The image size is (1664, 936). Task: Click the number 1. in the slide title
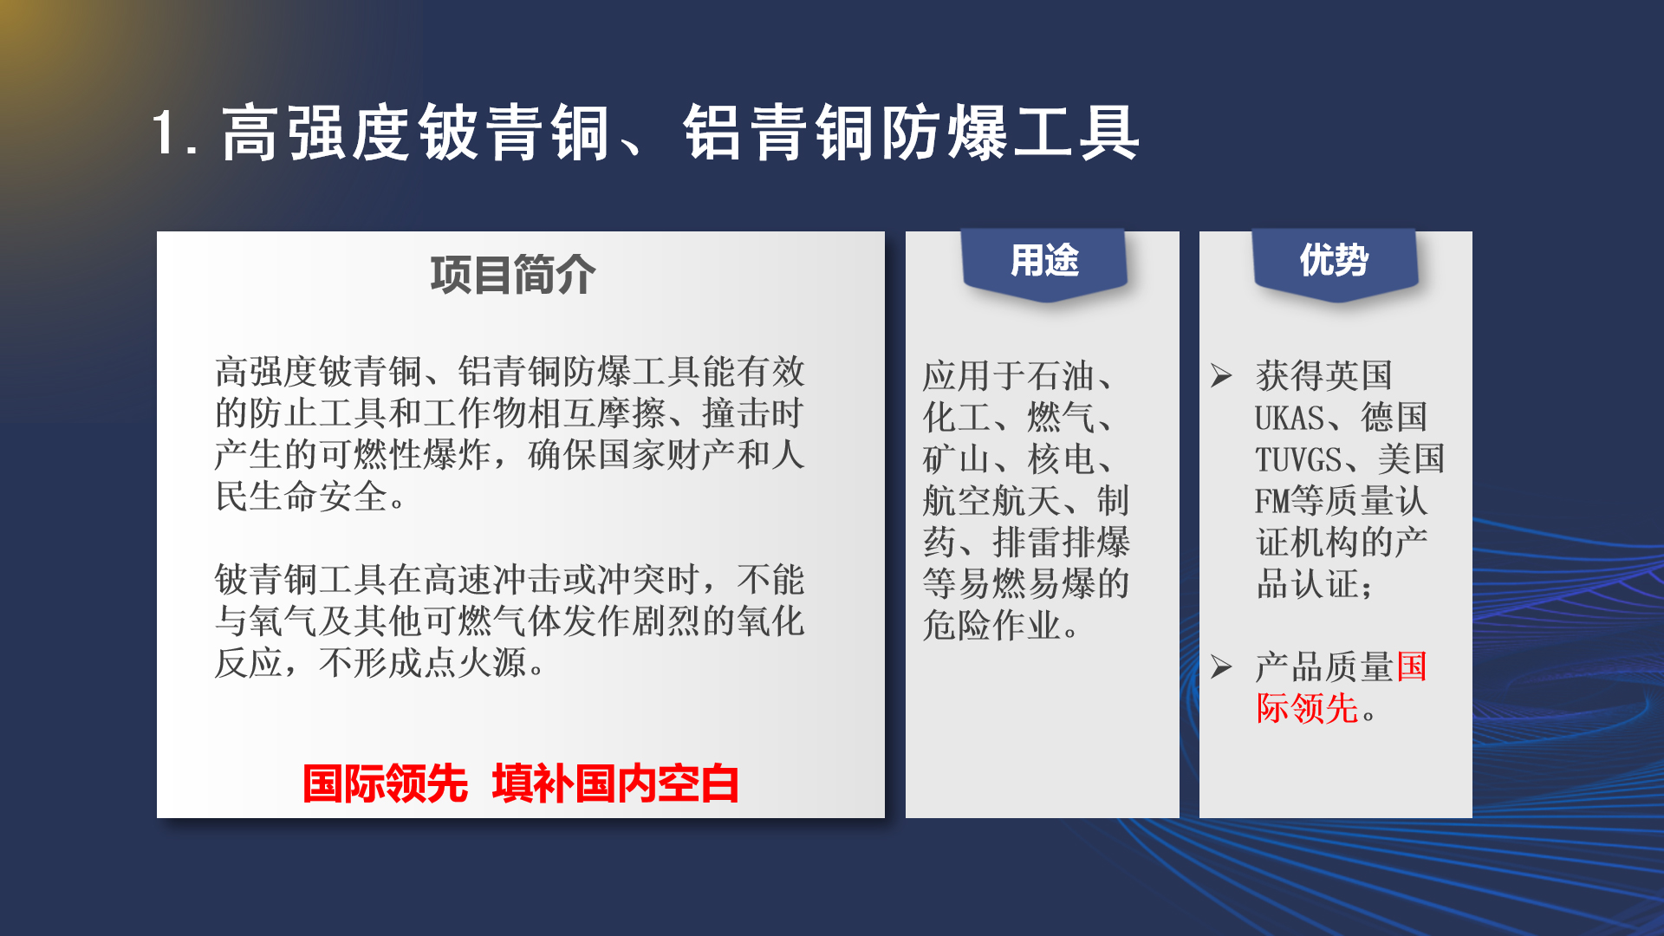pos(177,133)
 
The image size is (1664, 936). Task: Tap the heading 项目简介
pos(513,275)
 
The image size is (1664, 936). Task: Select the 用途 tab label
pos(1044,260)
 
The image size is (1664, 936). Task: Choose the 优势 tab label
pos(1334,260)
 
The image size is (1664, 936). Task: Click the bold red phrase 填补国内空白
pos(615,783)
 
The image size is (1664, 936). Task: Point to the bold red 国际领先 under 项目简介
pos(385,783)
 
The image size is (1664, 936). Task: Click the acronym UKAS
pos(1290,418)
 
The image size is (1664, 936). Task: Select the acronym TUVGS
pos(1298,459)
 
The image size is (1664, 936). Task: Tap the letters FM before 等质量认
pos(1272,501)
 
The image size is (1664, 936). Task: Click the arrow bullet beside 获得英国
pos(1222,375)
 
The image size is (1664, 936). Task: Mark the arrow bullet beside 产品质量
pos(1222,666)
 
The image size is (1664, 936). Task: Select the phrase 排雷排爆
pos(1062,543)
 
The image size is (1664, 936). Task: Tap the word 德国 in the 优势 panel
pos(1394,418)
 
